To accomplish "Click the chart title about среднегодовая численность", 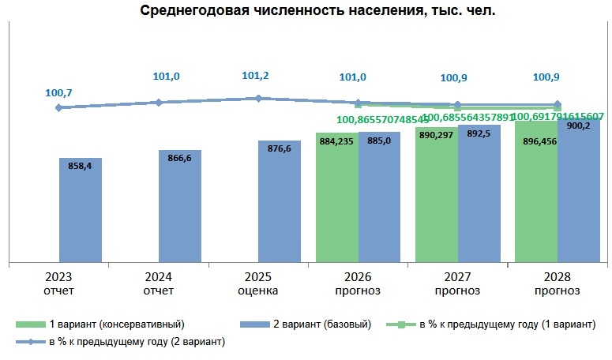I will pyautogui.click(x=306, y=11).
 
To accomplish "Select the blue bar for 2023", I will pyautogui.click(x=81, y=213).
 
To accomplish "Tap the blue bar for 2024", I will pyautogui.click(x=179, y=209).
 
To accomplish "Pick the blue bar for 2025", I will pyautogui.click(x=279, y=205).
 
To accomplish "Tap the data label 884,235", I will pyautogui.click(x=336, y=142).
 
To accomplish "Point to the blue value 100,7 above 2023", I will pyautogui.click(x=59, y=93).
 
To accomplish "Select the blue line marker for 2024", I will pyautogui.click(x=159, y=102).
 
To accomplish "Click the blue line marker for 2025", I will pyautogui.click(x=258, y=98).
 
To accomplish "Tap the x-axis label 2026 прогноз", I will pyautogui.click(x=358, y=283).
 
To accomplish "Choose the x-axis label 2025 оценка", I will pyautogui.click(x=258, y=283).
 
